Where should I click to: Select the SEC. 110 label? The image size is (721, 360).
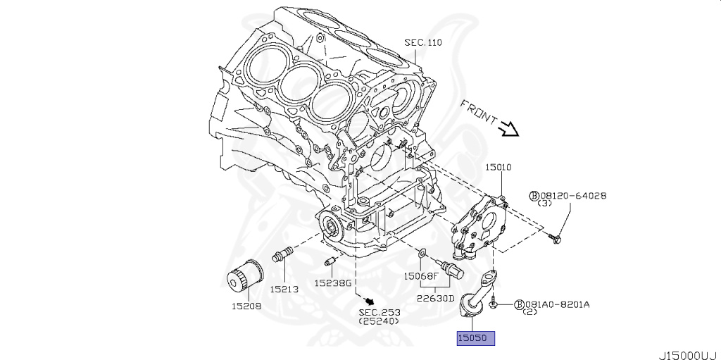pyautogui.click(x=422, y=42)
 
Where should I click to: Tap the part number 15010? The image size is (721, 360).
pyautogui.click(x=498, y=168)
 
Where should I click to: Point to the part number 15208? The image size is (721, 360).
pyautogui.click(x=246, y=306)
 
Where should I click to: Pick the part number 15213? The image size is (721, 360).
pyautogui.click(x=284, y=288)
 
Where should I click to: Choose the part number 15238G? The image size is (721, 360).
pyautogui.click(x=332, y=283)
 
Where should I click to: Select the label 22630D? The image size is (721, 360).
pyautogui.click(x=435, y=297)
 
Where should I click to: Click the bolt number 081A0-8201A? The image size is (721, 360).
pyautogui.click(x=557, y=304)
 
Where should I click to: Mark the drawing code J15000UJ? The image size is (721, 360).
pyautogui.click(x=687, y=354)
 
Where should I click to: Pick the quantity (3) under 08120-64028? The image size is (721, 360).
pyautogui.click(x=544, y=204)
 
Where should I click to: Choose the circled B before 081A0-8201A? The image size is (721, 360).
pyautogui.click(x=520, y=304)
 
